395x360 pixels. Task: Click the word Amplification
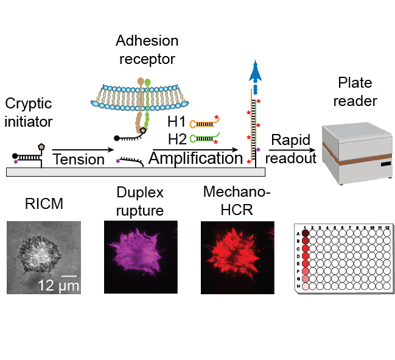(x=195, y=159)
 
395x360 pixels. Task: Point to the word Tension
(x=79, y=160)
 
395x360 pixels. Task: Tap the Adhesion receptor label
(x=148, y=50)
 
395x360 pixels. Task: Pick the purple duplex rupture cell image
(x=141, y=257)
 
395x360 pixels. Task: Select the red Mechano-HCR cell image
(x=238, y=257)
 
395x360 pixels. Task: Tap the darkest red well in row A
(x=305, y=233)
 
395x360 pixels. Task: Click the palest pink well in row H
(x=305, y=286)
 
